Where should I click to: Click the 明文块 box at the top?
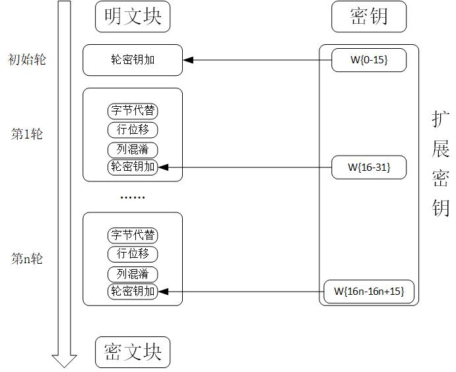(x=132, y=17)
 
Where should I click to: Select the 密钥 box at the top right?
(x=369, y=17)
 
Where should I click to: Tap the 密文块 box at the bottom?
(x=132, y=352)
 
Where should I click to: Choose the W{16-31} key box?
(x=369, y=167)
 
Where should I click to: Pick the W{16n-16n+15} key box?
(x=369, y=291)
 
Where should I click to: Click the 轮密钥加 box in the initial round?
(x=132, y=61)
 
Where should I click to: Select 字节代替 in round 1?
(x=133, y=111)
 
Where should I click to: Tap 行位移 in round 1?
(x=133, y=129)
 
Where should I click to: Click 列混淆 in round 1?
(x=133, y=150)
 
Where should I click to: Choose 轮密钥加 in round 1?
(x=133, y=167)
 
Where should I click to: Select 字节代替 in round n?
(x=133, y=235)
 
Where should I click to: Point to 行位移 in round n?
(x=133, y=254)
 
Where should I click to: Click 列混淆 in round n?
(x=133, y=274)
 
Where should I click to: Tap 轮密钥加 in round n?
(x=133, y=291)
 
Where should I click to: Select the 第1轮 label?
(x=27, y=134)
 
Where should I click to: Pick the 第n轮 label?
(x=27, y=259)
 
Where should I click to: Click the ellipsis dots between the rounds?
(x=132, y=197)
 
